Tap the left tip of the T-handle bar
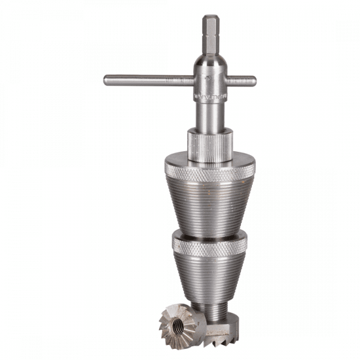click(x=106, y=81)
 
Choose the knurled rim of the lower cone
click(x=209, y=246)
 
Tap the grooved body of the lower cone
click(x=209, y=275)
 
